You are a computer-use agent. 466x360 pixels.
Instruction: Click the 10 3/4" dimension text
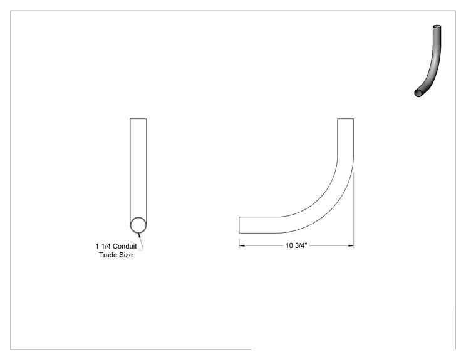pyautogui.click(x=296, y=245)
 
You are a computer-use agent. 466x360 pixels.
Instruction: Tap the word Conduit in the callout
pyautogui.click(x=125, y=246)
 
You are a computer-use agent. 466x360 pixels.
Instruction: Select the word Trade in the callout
pyautogui.click(x=108, y=255)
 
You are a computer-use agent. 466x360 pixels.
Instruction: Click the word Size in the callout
pyautogui.click(x=126, y=255)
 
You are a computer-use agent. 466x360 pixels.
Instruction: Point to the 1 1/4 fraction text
pyautogui.click(x=103, y=246)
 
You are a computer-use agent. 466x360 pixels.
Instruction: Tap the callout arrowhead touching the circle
pyautogui.click(x=140, y=235)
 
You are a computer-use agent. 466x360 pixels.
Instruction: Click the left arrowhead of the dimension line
pyautogui.click(x=242, y=245)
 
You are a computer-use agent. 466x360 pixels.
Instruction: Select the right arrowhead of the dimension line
pyautogui.click(x=351, y=245)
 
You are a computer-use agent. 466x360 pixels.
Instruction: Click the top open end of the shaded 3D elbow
pyautogui.click(x=437, y=27)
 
